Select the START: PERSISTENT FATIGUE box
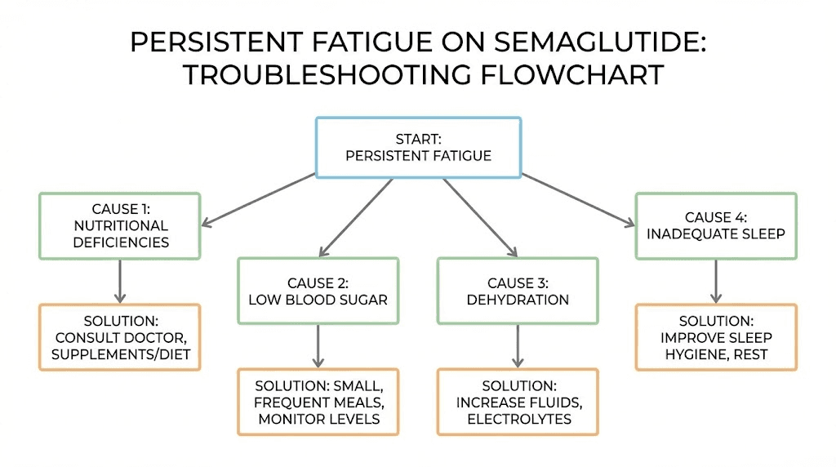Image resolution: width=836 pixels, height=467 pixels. pyautogui.click(x=418, y=147)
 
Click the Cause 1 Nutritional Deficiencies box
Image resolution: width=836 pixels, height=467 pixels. pyautogui.click(x=120, y=226)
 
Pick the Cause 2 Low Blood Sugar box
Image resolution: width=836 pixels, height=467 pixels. pyautogui.click(x=318, y=291)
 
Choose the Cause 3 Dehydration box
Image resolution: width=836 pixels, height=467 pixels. pyautogui.click(x=517, y=291)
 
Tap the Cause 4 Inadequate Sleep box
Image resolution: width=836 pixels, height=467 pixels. pyautogui.click(x=716, y=226)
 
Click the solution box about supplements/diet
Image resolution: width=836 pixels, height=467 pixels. pyautogui.click(x=120, y=337)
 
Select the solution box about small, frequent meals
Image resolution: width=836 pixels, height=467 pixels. pyautogui.click(x=318, y=402)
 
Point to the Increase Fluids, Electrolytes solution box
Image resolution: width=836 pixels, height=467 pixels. pyautogui.click(x=517, y=402)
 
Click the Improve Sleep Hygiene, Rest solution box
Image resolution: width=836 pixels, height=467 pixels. pyautogui.click(x=716, y=337)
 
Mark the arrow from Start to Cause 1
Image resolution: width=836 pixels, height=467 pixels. pyautogui.click(x=258, y=198)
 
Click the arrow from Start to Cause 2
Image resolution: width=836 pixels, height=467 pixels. pyautogui.click(x=356, y=218)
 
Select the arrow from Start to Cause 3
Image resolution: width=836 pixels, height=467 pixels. pyautogui.click(x=480, y=218)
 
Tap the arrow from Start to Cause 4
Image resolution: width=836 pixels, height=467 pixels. pyautogui.click(x=578, y=198)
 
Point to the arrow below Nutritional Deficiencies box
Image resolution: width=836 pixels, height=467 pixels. pyautogui.click(x=120, y=282)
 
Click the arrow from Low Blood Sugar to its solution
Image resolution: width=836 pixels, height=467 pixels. pyautogui.click(x=318, y=346)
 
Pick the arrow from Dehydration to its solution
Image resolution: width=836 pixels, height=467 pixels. pyautogui.click(x=517, y=346)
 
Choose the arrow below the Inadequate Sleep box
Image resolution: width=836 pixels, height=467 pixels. pyautogui.click(x=716, y=282)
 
